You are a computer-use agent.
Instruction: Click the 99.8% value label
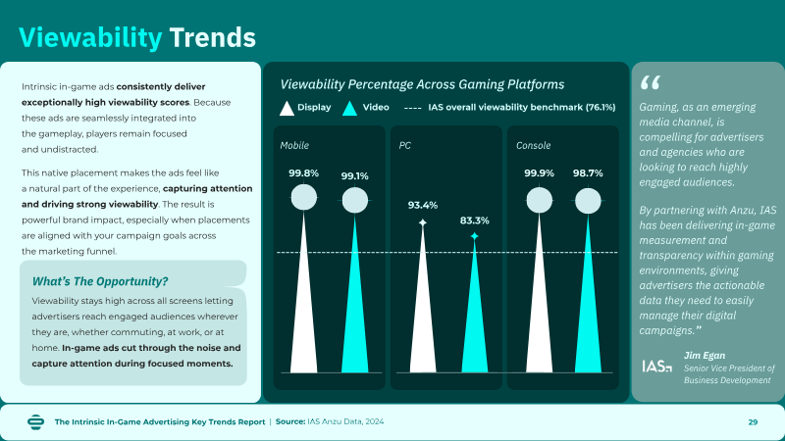click(x=303, y=173)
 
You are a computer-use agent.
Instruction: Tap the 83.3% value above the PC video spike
click(x=475, y=220)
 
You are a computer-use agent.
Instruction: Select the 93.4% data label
click(x=423, y=205)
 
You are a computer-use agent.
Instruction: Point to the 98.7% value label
click(x=588, y=173)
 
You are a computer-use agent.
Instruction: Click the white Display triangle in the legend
click(x=287, y=109)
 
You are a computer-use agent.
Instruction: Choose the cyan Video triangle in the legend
click(x=350, y=109)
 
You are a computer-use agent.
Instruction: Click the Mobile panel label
click(x=294, y=145)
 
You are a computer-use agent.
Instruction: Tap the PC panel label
click(x=405, y=145)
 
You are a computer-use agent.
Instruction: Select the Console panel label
click(x=533, y=145)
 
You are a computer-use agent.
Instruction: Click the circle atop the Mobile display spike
click(x=304, y=197)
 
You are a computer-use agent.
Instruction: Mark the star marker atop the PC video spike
click(x=475, y=236)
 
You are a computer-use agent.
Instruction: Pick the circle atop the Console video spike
click(x=588, y=201)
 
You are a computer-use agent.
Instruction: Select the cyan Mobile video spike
click(x=355, y=295)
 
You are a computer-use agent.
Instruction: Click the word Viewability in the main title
click(x=90, y=38)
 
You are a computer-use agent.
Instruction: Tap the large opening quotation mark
click(x=651, y=82)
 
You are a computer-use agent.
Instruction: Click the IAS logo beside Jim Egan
click(x=657, y=367)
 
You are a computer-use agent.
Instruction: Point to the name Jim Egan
click(x=705, y=356)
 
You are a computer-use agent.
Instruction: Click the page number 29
click(x=753, y=422)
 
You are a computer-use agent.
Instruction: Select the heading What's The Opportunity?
click(x=100, y=281)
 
